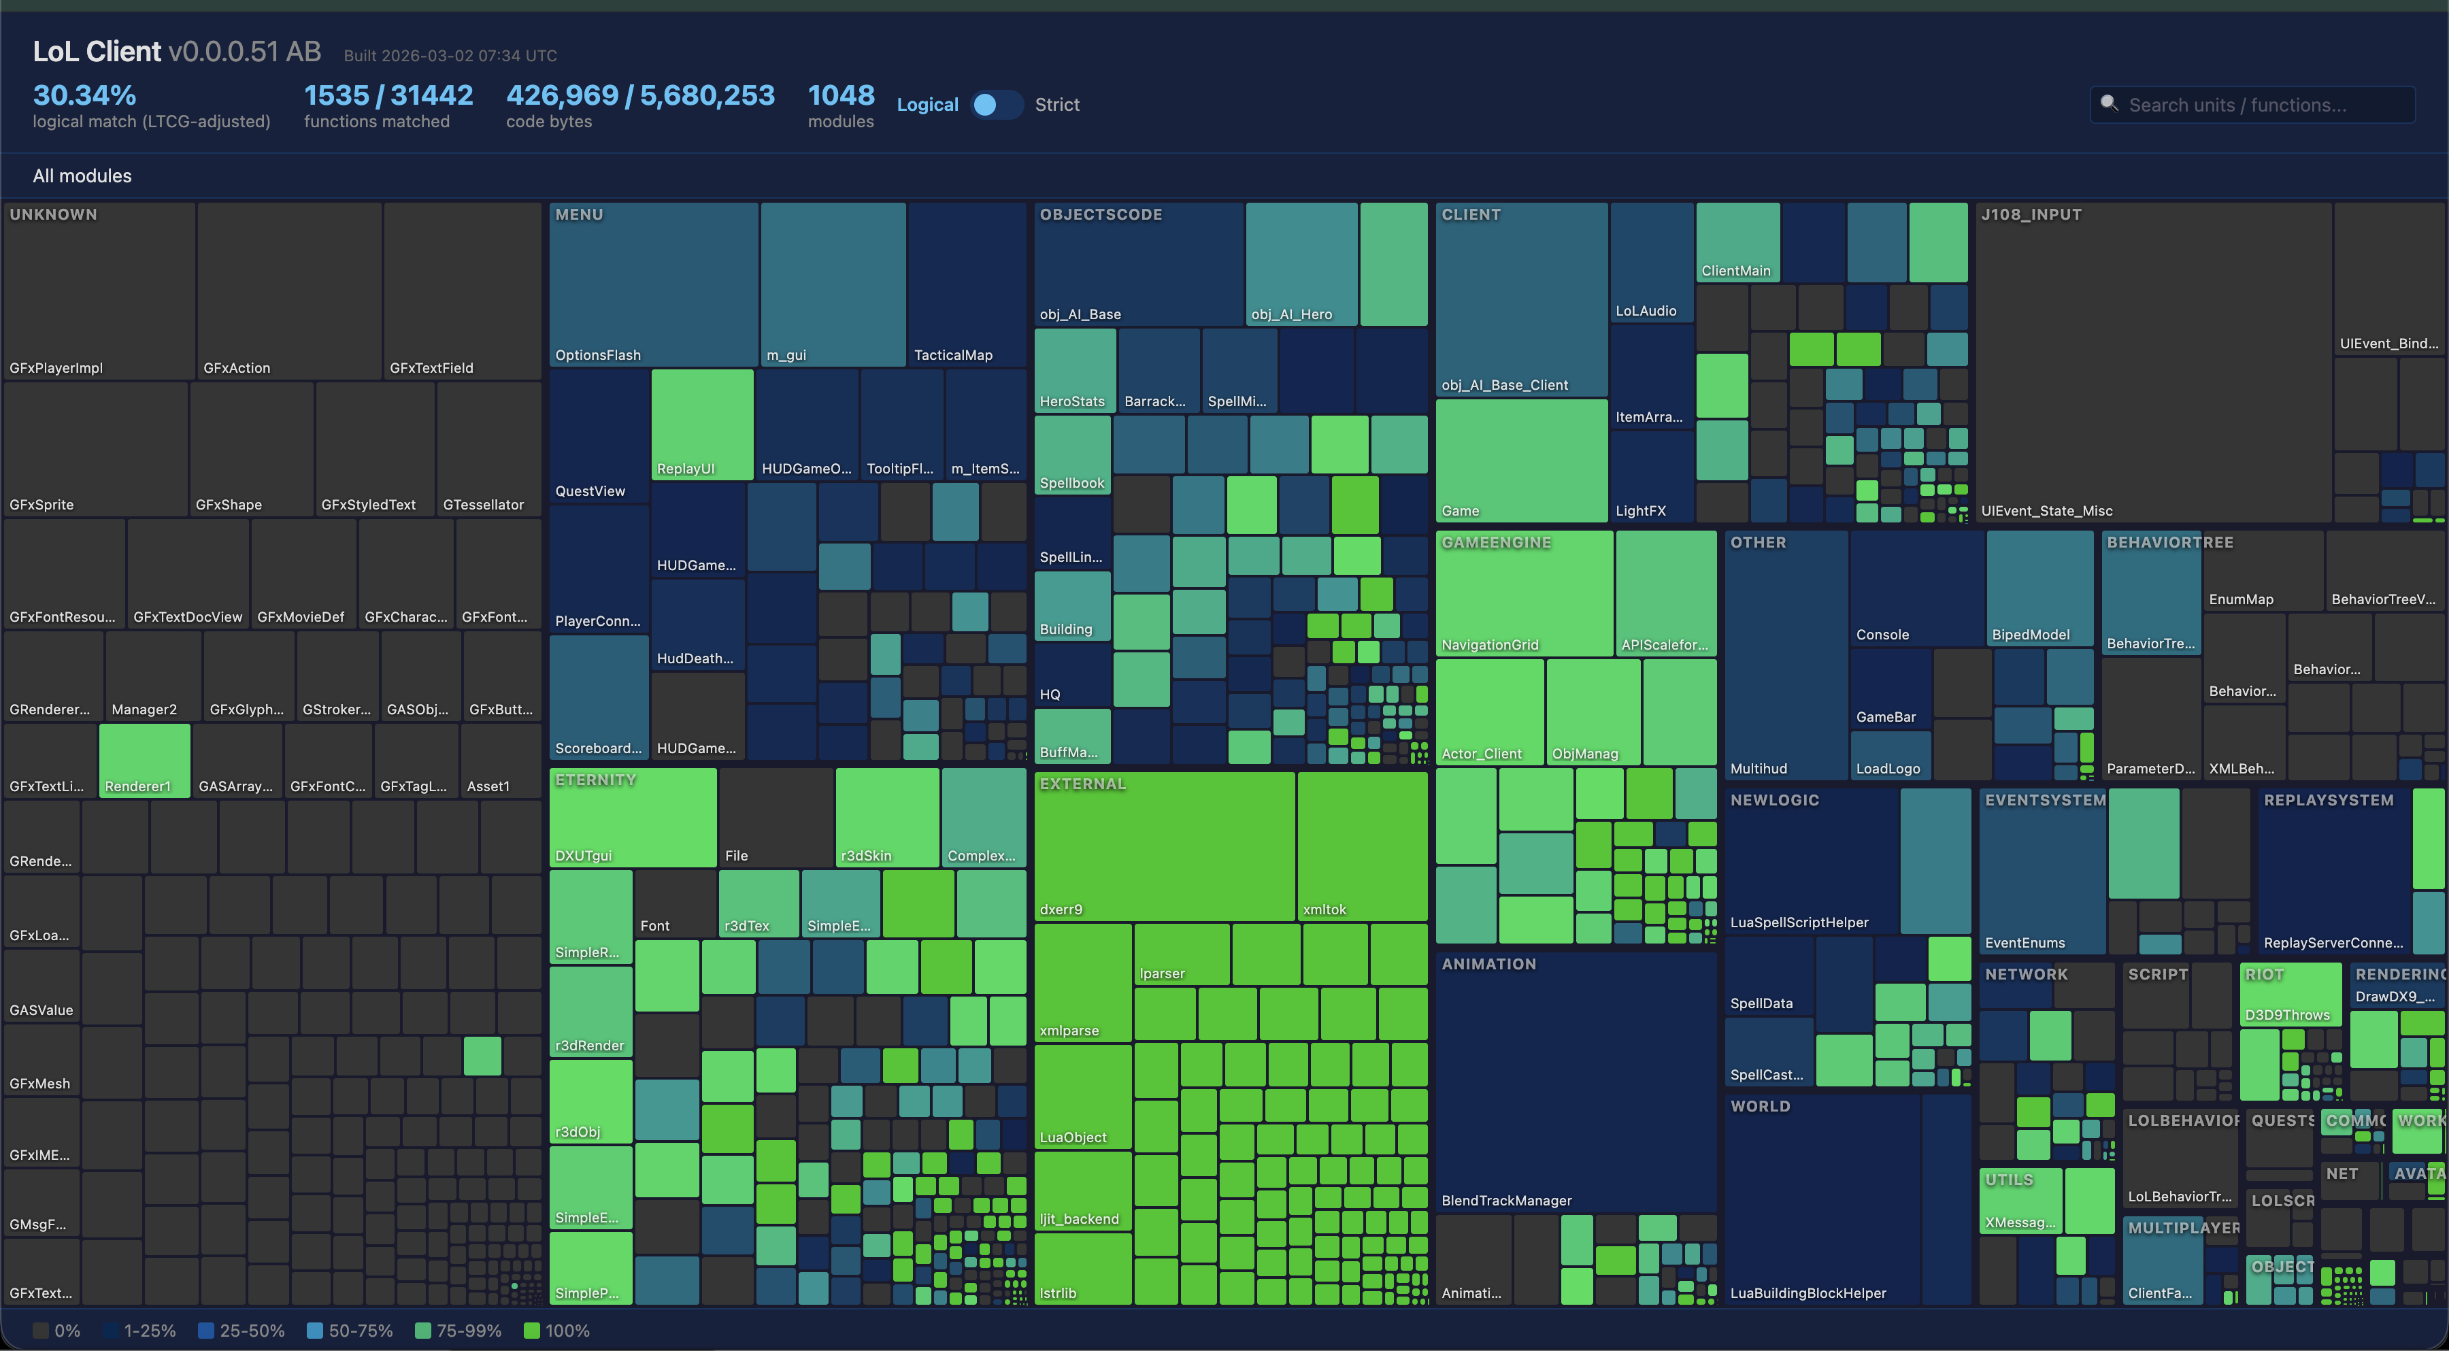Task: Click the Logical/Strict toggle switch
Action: pos(995,105)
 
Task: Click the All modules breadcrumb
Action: pos(82,176)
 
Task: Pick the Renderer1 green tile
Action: pos(144,760)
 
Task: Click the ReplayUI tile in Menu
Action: pos(701,423)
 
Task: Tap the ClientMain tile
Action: pos(1737,242)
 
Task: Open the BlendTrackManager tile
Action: pos(1576,1084)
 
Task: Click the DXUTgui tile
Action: pos(632,817)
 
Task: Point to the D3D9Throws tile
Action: pos(2289,993)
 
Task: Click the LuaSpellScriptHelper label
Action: pos(1799,922)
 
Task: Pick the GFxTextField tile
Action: pos(462,290)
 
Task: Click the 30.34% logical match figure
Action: pos(84,95)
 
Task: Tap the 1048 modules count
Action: pos(840,95)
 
